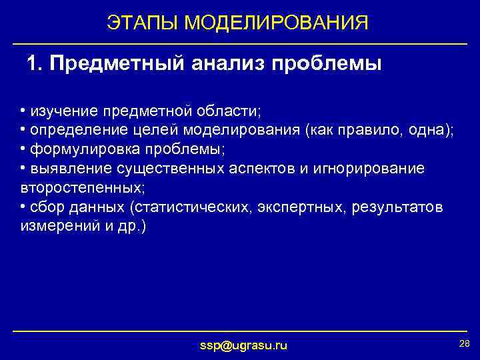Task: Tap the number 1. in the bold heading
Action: pyautogui.click(x=35, y=65)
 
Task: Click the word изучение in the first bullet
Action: pyautogui.click(x=61, y=110)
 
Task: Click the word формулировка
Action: pyautogui.click(x=73, y=149)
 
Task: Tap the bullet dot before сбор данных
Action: pyautogui.click(x=23, y=207)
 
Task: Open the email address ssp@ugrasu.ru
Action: pyautogui.click(x=244, y=345)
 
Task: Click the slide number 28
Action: pyautogui.click(x=464, y=343)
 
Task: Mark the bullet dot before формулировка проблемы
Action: pyautogui.click(x=23, y=149)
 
